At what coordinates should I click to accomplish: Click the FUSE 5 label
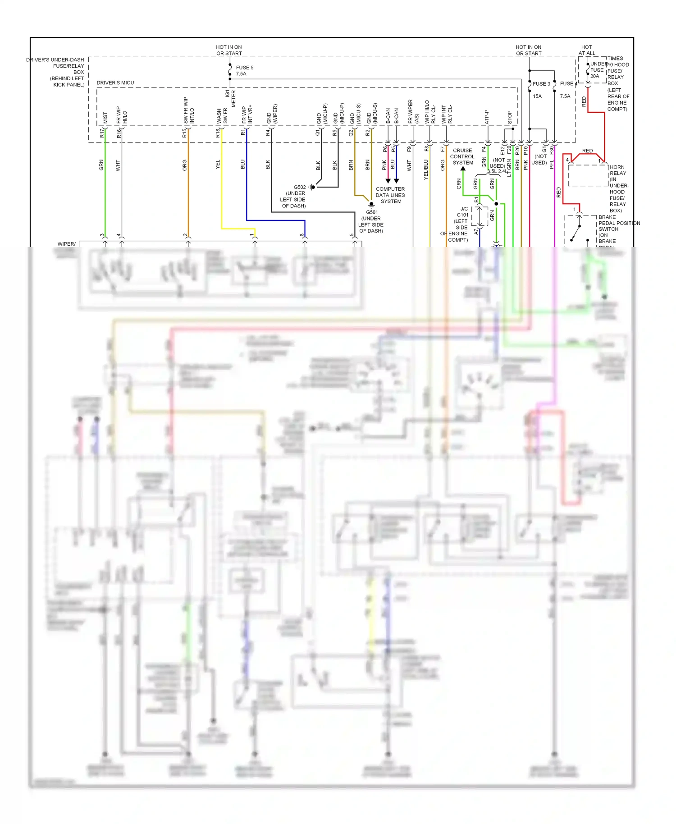(x=245, y=68)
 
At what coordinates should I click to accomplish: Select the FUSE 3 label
(x=541, y=84)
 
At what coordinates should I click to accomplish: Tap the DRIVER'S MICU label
(x=115, y=82)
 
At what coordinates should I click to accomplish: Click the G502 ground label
(x=300, y=187)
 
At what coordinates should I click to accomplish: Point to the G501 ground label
(x=372, y=212)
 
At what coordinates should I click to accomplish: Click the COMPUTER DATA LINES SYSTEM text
(x=390, y=195)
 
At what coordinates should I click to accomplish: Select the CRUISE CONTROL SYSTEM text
(x=463, y=156)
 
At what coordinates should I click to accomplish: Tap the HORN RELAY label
(x=617, y=170)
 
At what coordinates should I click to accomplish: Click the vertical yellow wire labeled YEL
(x=221, y=189)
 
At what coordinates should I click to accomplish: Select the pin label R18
(x=217, y=133)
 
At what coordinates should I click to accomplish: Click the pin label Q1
(x=317, y=133)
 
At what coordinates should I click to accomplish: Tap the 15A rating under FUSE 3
(x=537, y=96)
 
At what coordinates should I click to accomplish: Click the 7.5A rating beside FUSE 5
(x=241, y=74)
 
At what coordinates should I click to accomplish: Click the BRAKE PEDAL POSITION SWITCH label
(x=618, y=223)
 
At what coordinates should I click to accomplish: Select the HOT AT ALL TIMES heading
(x=587, y=50)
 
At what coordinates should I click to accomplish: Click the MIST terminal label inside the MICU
(x=105, y=118)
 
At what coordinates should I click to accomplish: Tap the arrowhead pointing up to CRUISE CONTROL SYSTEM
(x=463, y=169)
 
